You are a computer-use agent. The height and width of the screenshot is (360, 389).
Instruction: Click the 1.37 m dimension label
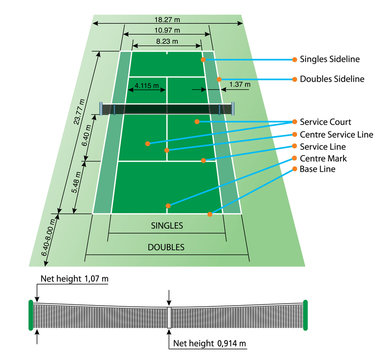[x=239, y=85]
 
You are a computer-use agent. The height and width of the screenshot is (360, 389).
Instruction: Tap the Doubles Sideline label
[x=328, y=78]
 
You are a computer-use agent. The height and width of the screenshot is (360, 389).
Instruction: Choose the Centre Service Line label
[x=333, y=133]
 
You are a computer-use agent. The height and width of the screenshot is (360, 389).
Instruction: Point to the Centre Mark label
[x=319, y=159]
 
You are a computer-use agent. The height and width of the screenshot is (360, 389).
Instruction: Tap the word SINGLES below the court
[x=166, y=226]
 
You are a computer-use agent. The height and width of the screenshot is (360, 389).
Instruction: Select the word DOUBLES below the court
[x=166, y=246]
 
